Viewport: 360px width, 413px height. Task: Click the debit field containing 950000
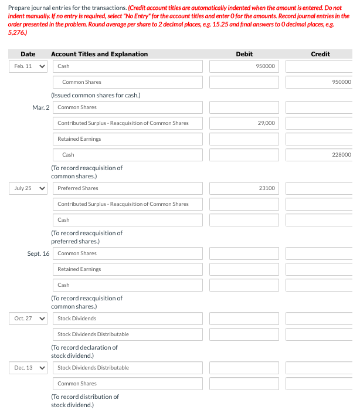pyautogui.click(x=244, y=66)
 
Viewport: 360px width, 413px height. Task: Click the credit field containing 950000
pyautogui.click(x=320, y=82)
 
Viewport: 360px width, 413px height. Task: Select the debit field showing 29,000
pyautogui.click(x=244, y=123)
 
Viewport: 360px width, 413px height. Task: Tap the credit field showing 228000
pyautogui.click(x=320, y=155)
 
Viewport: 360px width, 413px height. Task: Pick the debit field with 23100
pyautogui.click(x=244, y=188)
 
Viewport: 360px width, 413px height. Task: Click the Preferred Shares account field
pyautogui.click(x=129, y=188)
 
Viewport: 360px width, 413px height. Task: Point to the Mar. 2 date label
pyautogui.click(x=41, y=107)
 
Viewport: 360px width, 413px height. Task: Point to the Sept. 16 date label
pyautogui.click(x=38, y=253)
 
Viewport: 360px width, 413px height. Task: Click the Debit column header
pyautogui.click(x=244, y=54)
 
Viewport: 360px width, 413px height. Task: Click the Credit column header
pyautogui.click(x=320, y=54)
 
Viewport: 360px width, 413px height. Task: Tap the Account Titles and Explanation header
pyautogui.click(x=99, y=54)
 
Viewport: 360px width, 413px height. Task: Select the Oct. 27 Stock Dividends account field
pyautogui.click(x=129, y=319)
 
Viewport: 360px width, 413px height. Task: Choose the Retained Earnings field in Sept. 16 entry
pyautogui.click(x=129, y=269)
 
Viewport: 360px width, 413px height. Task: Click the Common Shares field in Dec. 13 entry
pyautogui.click(x=129, y=384)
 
